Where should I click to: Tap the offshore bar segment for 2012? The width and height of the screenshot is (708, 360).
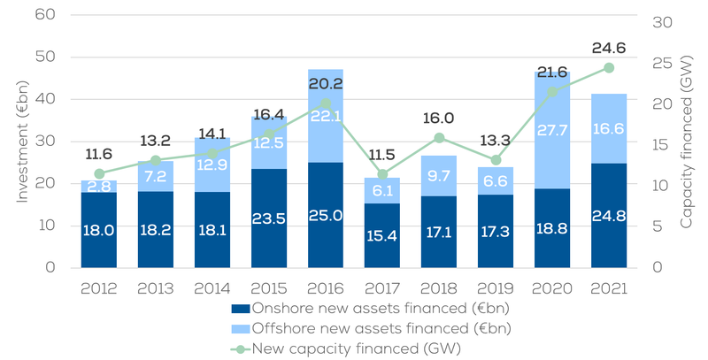(x=98, y=186)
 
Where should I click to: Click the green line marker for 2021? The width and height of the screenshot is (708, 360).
(x=609, y=68)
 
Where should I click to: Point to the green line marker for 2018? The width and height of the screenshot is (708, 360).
(x=439, y=138)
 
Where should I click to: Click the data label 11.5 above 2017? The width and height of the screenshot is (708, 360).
(x=383, y=154)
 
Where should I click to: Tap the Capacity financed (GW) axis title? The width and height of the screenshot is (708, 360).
(x=688, y=142)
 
